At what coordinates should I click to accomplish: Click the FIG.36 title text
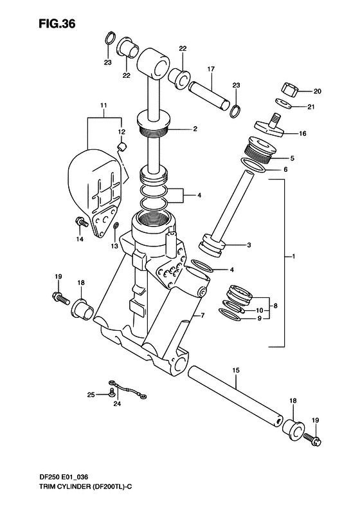pos(57,24)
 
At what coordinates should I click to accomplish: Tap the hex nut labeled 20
pos(289,89)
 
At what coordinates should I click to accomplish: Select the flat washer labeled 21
pos(283,103)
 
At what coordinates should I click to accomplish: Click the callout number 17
pos(211,69)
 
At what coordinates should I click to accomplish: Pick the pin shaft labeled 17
pos(210,96)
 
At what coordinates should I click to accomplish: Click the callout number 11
pos(104,106)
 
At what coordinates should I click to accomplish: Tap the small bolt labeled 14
pos(81,223)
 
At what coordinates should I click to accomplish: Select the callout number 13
pos(114,246)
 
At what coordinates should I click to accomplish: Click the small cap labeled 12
pos(122,147)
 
